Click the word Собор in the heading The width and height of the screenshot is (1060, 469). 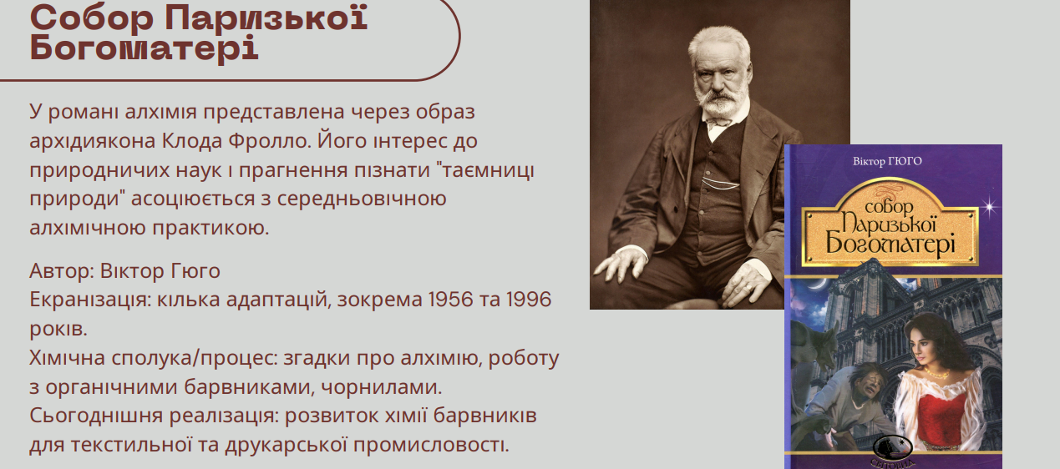92,19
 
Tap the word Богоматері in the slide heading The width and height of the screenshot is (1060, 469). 144,49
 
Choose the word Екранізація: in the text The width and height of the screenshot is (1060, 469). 90,300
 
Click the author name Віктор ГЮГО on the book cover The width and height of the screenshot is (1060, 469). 887,161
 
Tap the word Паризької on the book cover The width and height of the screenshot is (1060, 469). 889,224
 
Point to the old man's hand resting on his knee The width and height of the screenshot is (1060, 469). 621,265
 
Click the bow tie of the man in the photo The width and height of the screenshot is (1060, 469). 718,123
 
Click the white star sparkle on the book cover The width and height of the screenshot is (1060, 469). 989,208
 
